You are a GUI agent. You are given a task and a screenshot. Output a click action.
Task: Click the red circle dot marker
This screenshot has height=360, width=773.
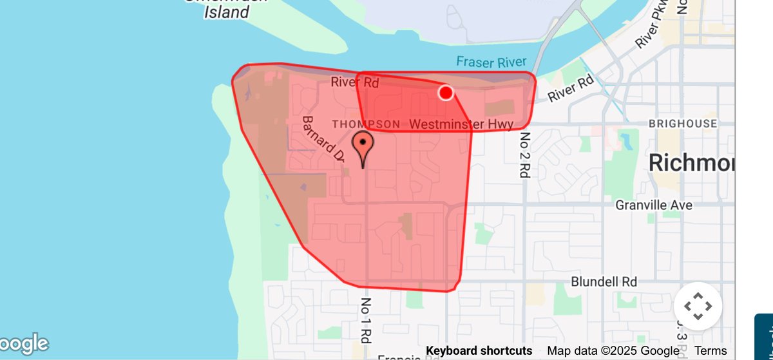(x=446, y=93)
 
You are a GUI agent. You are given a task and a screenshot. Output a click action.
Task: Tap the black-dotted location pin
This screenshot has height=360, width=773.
(x=363, y=145)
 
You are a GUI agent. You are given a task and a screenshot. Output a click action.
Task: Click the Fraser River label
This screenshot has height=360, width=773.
(x=491, y=62)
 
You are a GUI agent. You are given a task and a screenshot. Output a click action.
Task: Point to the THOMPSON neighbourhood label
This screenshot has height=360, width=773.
(x=365, y=124)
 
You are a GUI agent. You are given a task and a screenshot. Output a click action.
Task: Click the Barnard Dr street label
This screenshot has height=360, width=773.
(x=324, y=138)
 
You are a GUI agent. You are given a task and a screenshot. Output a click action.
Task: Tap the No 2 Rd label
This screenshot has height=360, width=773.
(x=525, y=155)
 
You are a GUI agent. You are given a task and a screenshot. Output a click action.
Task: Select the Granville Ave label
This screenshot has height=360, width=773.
(x=654, y=205)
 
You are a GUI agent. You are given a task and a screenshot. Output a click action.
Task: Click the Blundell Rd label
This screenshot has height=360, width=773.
(x=604, y=282)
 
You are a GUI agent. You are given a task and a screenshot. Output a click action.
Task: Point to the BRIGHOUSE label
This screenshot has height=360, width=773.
(x=683, y=124)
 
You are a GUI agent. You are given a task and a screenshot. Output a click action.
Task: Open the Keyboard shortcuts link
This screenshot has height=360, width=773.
(x=479, y=351)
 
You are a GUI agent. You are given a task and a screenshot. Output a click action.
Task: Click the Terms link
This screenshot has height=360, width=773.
(x=711, y=351)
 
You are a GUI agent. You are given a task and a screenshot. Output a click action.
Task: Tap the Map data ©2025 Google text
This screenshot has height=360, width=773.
(x=613, y=351)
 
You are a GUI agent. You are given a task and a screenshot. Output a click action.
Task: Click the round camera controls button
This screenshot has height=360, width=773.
(x=698, y=307)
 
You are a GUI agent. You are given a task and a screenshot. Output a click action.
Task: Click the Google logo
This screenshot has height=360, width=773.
(x=24, y=344)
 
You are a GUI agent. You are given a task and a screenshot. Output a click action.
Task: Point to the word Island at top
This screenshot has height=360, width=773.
(x=226, y=12)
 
